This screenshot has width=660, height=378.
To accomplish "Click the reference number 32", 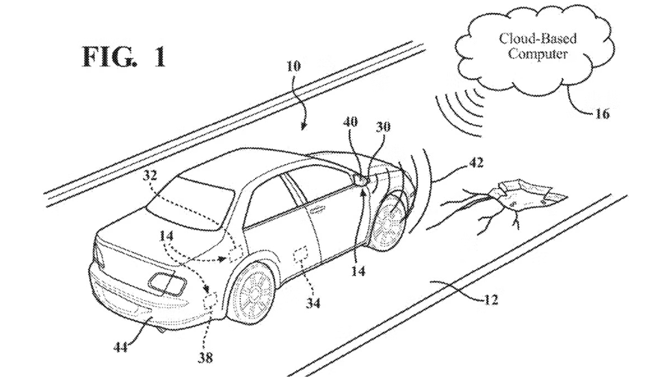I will click(150, 175).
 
